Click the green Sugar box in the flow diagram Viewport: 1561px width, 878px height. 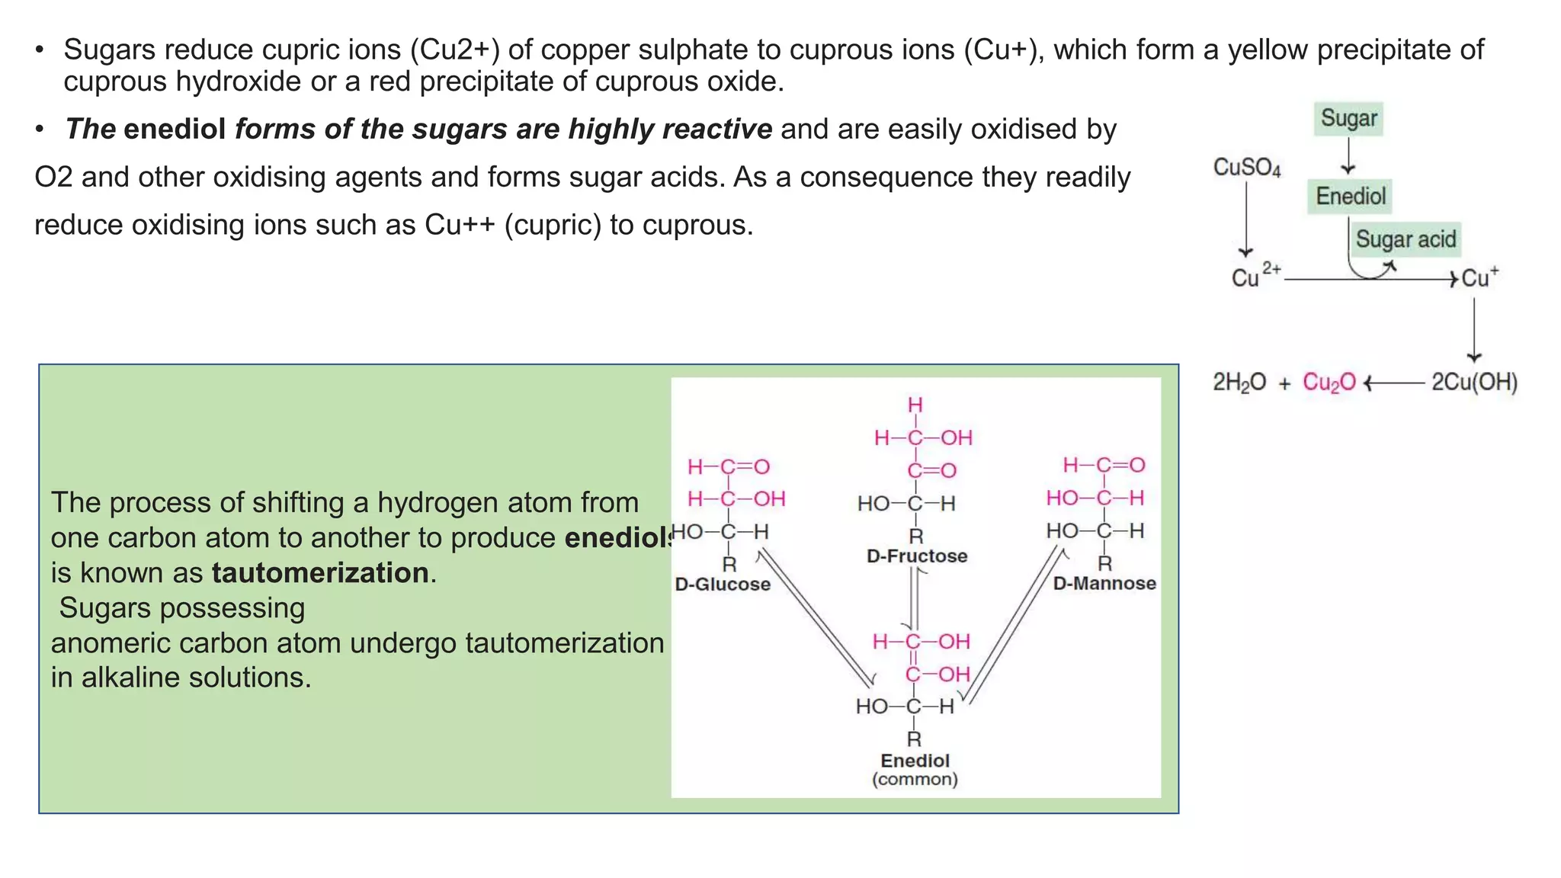(x=1348, y=119)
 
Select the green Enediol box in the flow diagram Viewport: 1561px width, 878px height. (x=1350, y=197)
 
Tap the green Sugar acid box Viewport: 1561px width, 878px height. (x=1405, y=239)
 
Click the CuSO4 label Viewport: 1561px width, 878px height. (x=1246, y=167)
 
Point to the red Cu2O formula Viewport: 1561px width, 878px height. (x=1329, y=382)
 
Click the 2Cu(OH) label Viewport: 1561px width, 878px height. (x=1474, y=382)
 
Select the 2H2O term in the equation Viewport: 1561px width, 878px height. (x=1239, y=382)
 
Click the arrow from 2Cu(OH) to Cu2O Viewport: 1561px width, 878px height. (x=1393, y=383)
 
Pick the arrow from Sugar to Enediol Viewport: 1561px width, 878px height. (x=1348, y=157)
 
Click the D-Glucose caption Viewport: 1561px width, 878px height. (x=723, y=585)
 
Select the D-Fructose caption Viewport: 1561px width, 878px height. (x=917, y=556)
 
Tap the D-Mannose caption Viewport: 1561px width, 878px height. (x=1104, y=584)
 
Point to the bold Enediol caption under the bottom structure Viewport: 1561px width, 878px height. (x=915, y=761)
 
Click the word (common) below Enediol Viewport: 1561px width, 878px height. (x=915, y=780)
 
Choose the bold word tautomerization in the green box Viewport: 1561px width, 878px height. (x=320, y=573)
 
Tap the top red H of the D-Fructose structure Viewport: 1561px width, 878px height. (x=915, y=405)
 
